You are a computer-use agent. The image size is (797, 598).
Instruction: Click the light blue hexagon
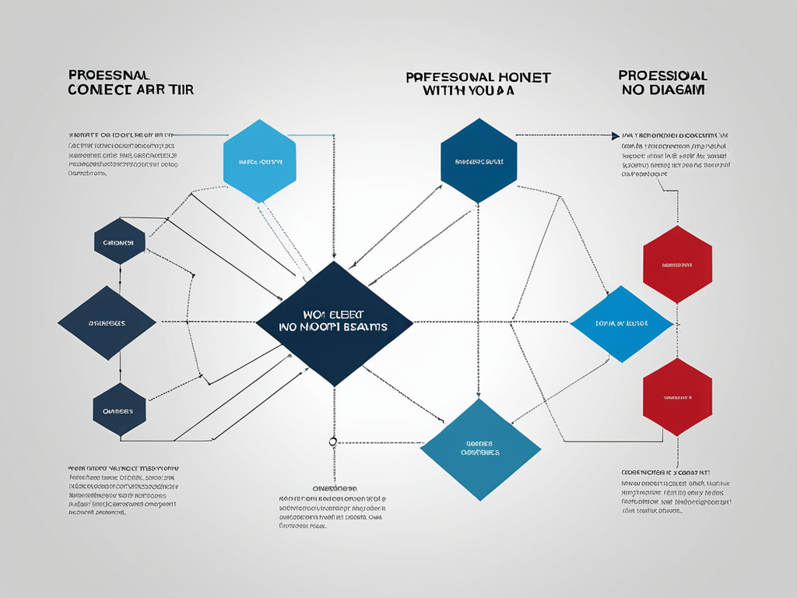pyautogui.click(x=260, y=161)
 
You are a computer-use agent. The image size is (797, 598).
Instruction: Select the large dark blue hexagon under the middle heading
pyautogui.click(x=479, y=161)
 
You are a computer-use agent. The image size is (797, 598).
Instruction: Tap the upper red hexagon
pyautogui.click(x=677, y=265)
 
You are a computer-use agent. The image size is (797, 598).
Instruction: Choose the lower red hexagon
pyautogui.click(x=677, y=396)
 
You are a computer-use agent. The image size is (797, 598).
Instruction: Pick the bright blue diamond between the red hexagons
pyautogui.click(x=621, y=322)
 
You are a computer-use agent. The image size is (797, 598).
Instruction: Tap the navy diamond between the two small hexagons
pyautogui.click(x=107, y=322)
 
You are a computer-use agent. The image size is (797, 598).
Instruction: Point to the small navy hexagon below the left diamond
pyautogui.click(x=119, y=410)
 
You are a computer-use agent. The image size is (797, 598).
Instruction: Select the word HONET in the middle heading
pyautogui.click(x=524, y=77)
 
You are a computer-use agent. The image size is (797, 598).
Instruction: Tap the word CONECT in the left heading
pyautogui.click(x=97, y=90)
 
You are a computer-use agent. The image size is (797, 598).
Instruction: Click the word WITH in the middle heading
pyautogui.click(x=440, y=90)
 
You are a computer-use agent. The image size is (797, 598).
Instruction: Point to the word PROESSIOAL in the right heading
pyautogui.click(x=662, y=76)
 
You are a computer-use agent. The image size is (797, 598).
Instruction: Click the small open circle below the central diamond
pyautogui.click(x=333, y=441)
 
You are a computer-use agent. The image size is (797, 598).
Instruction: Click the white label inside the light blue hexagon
pyautogui.click(x=260, y=163)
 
